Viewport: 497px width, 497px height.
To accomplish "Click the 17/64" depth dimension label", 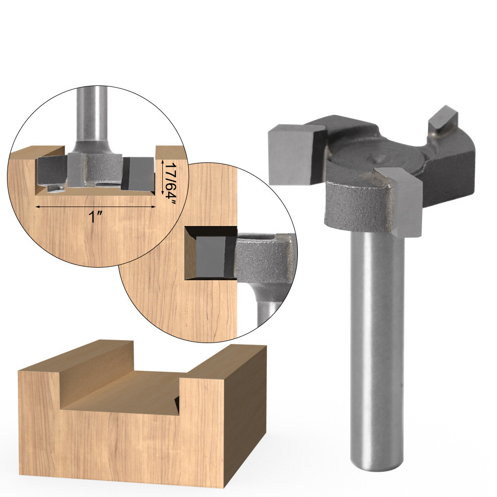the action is coord(170,183).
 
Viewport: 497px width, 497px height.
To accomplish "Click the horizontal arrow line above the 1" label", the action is coord(95,207).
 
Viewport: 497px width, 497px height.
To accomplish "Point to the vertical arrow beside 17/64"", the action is coord(162,177).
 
